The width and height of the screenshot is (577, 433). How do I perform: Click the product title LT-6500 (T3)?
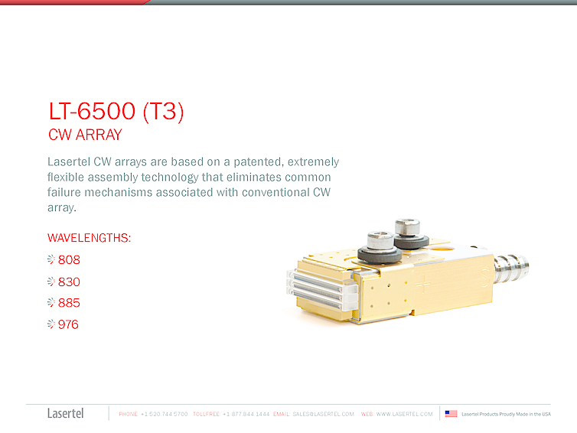[x=116, y=112]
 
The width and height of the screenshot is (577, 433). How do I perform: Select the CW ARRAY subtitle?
[x=85, y=136]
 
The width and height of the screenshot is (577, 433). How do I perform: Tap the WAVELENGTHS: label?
[x=89, y=238]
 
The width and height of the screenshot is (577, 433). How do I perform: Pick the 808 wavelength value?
[x=69, y=260]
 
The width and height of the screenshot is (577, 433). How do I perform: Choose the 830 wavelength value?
[x=69, y=282]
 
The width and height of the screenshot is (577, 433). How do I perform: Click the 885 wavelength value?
[x=69, y=303]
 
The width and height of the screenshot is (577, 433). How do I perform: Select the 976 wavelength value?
[x=69, y=324]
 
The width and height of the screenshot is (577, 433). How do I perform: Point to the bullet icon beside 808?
[x=51, y=260]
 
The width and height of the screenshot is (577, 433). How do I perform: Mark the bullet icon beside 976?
[x=51, y=324]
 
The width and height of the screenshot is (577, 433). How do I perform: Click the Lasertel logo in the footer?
[x=66, y=414]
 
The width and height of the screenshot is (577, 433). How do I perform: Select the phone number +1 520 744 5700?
[x=165, y=414]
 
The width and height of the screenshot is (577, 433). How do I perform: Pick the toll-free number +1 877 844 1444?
[x=246, y=414]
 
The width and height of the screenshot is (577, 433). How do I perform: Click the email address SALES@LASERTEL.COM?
[x=324, y=414]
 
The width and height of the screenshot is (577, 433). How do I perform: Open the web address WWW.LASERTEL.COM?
[x=404, y=414]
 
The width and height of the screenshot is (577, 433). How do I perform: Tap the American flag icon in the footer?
[x=451, y=414]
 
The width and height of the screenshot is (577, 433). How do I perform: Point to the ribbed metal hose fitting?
[x=511, y=268]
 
